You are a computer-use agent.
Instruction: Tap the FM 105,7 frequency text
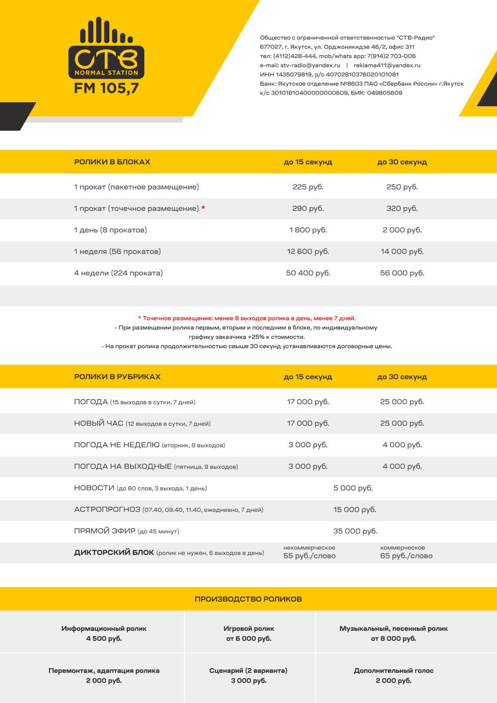pyautogui.click(x=107, y=88)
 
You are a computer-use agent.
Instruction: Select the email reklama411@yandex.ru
pyautogui.click(x=387, y=65)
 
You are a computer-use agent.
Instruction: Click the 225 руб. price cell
pyautogui.click(x=308, y=187)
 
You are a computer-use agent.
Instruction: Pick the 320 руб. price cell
pyautogui.click(x=402, y=209)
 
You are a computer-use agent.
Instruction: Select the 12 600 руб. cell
pyautogui.click(x=308, y=252)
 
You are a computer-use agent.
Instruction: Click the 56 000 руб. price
pyautogui.click(x=402, y=273)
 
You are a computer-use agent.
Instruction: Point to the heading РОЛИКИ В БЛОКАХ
pyautogui.click(x=112, y=163)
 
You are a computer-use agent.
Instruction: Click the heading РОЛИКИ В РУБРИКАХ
pyautogui.click(x=118, y=377)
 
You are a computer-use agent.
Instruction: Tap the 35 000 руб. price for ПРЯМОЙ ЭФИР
pyautogui.click(x=355, y=532)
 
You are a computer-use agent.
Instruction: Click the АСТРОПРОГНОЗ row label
pyautogui.click(x=107, y=510)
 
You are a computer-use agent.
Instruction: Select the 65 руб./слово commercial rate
pyautogui.click(x=406, y=556)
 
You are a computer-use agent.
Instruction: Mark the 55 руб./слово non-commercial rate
pyautogui.click(x=309, y=556)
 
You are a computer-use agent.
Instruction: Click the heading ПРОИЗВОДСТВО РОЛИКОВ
pyautogui.click(x=248, y=599)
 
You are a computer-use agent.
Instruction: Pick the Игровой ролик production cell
pyautogui.click(x=249, y=633)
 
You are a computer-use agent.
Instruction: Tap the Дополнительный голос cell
pyautogui.click(x=394, y=676)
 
